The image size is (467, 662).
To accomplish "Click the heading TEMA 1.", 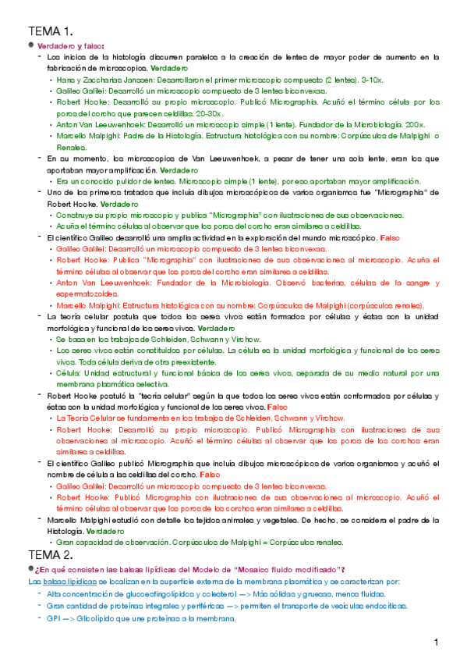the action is click(x=51, y=31).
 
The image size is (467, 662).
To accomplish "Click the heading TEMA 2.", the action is click(x=51, y=555).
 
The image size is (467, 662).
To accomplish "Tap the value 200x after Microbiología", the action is click(x=416, y=124).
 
